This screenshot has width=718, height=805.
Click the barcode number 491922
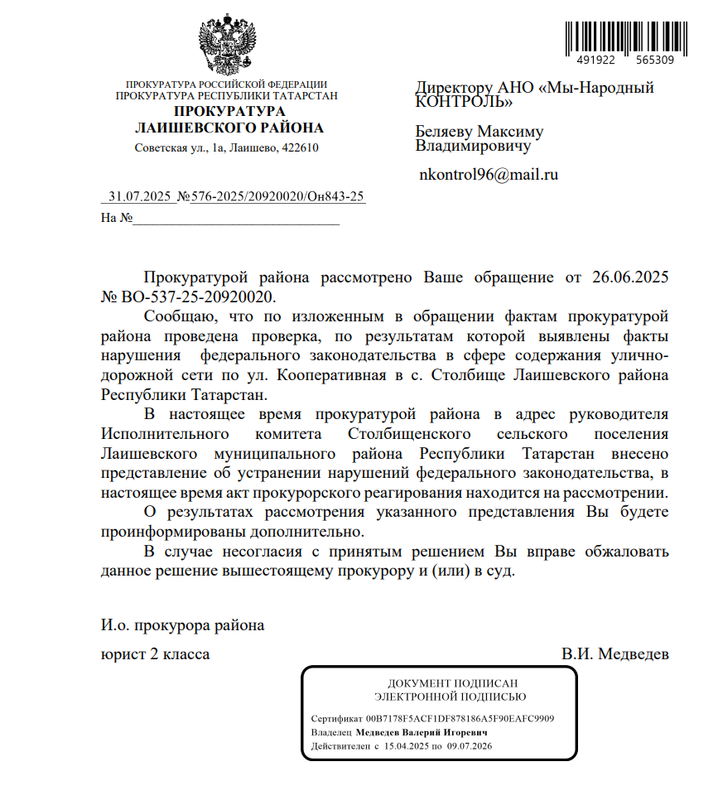tap(595, 60)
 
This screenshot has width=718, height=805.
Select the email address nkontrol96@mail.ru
tap(489, 175)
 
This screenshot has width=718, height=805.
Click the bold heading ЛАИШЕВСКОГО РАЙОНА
tap(229, 128)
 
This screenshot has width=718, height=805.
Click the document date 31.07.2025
tap(139, 197)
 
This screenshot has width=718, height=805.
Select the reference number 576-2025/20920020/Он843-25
tap(278, 197)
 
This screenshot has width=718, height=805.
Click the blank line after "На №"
tap(236, 219)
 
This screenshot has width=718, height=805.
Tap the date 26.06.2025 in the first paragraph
tap(630, 277)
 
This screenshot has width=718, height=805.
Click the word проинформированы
tap(170, 531)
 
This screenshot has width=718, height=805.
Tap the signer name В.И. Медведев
tap(614, 654)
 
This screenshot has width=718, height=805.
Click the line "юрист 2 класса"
tap(155, 654)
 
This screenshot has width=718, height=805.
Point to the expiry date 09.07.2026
tap(470, 746)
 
